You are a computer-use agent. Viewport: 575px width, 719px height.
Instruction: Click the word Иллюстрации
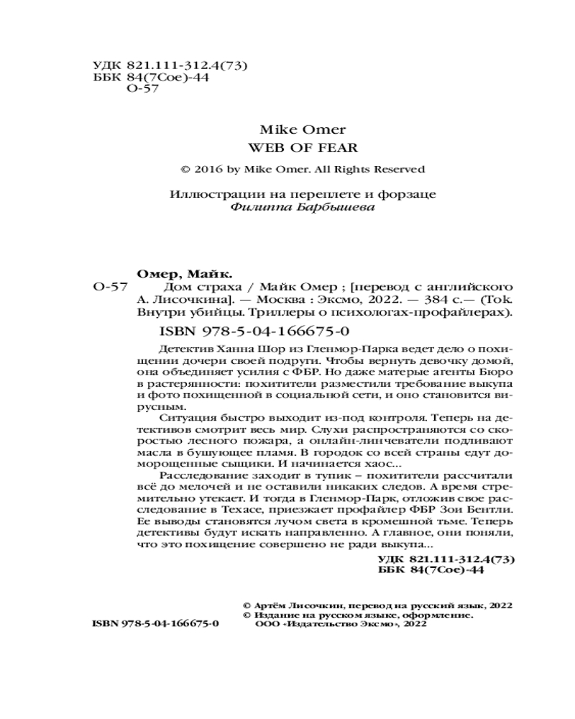(x=206, y=194)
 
